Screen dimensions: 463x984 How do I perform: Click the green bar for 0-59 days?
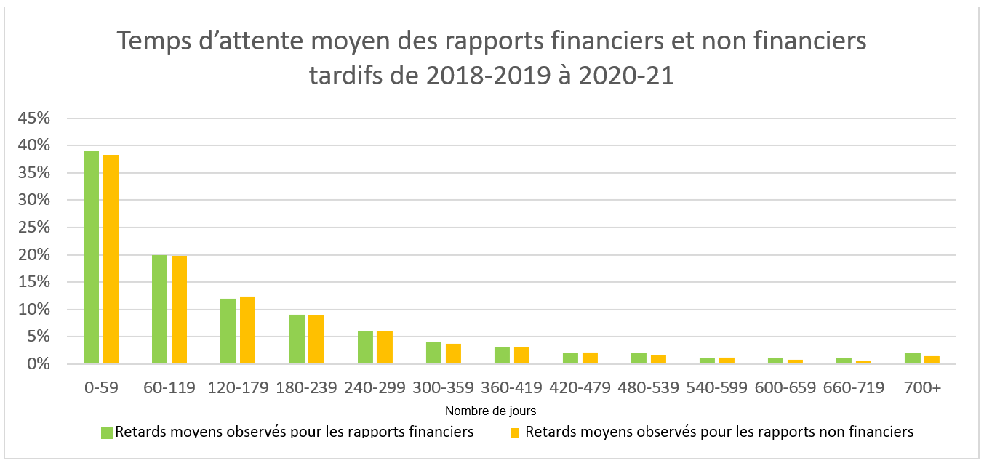point(91,257)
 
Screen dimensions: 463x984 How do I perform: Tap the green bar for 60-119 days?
point(159,309)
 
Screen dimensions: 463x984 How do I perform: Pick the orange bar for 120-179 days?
point(247,330)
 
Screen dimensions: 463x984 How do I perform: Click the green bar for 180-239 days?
point(297,339)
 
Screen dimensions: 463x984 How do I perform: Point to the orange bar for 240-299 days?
point(385,347)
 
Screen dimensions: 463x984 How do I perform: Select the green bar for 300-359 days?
point(433,353)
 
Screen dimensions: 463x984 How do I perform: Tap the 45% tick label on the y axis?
point(34,118)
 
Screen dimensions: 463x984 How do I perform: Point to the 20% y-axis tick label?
point(34,255)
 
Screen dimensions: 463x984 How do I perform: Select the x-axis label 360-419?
point(513,388)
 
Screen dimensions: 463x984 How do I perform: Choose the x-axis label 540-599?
point(718,388)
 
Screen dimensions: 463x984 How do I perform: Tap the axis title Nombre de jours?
point(491,411)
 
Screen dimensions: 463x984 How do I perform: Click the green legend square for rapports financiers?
point(107,432)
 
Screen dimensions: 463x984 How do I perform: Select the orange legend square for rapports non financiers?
point(515,432)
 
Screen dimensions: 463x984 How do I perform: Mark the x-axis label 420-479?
point(581,388)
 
